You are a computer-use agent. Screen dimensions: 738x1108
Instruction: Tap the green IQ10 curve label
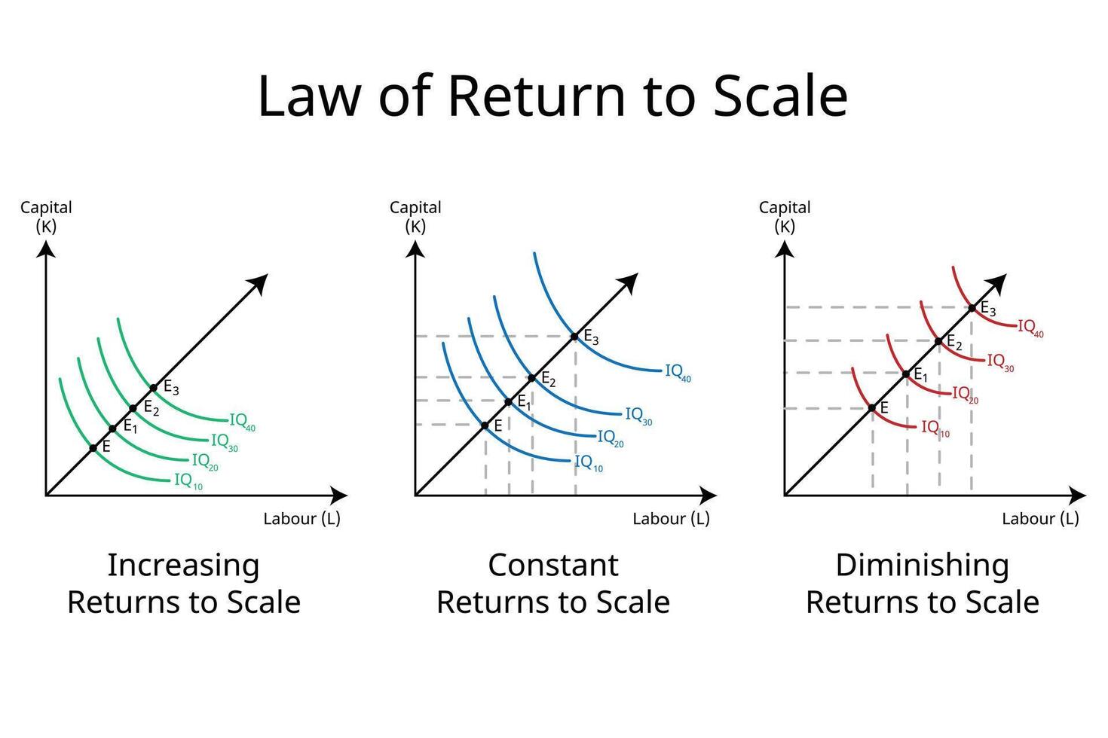tap(188, 480)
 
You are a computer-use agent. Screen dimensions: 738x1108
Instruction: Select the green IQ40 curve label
tap(242, 422)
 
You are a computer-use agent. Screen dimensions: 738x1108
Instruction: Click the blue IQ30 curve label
tap(638, 416)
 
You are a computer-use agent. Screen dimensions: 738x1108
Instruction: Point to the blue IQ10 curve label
tap(588, 464)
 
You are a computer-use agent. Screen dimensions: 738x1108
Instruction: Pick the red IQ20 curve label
tap(965, 395)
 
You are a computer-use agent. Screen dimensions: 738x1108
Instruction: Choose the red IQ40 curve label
tap(1030, 328)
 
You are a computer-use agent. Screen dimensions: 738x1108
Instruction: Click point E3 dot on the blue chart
tap(575, 336)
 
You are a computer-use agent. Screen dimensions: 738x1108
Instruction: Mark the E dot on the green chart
tap(93, 448)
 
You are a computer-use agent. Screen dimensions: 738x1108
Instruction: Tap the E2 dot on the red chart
tap(938, 341)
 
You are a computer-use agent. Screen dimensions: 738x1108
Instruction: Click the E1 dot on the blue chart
tap(509, 401)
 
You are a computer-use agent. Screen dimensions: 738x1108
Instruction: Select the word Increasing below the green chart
tap(183, 565)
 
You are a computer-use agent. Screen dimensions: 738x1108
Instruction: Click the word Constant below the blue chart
tap(553, 565)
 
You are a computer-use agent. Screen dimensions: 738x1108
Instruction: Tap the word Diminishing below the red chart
tap(922, 565)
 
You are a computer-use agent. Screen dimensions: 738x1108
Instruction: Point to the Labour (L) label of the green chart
tap(301, 519)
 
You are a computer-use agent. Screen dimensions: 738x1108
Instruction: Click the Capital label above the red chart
tap(785, 207)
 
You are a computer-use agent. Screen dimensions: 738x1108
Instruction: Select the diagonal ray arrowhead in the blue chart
tap(629, 282)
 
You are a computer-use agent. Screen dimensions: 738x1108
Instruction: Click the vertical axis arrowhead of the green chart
tap(47, 248)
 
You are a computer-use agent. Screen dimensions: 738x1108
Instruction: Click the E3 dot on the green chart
tap(153, 388)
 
